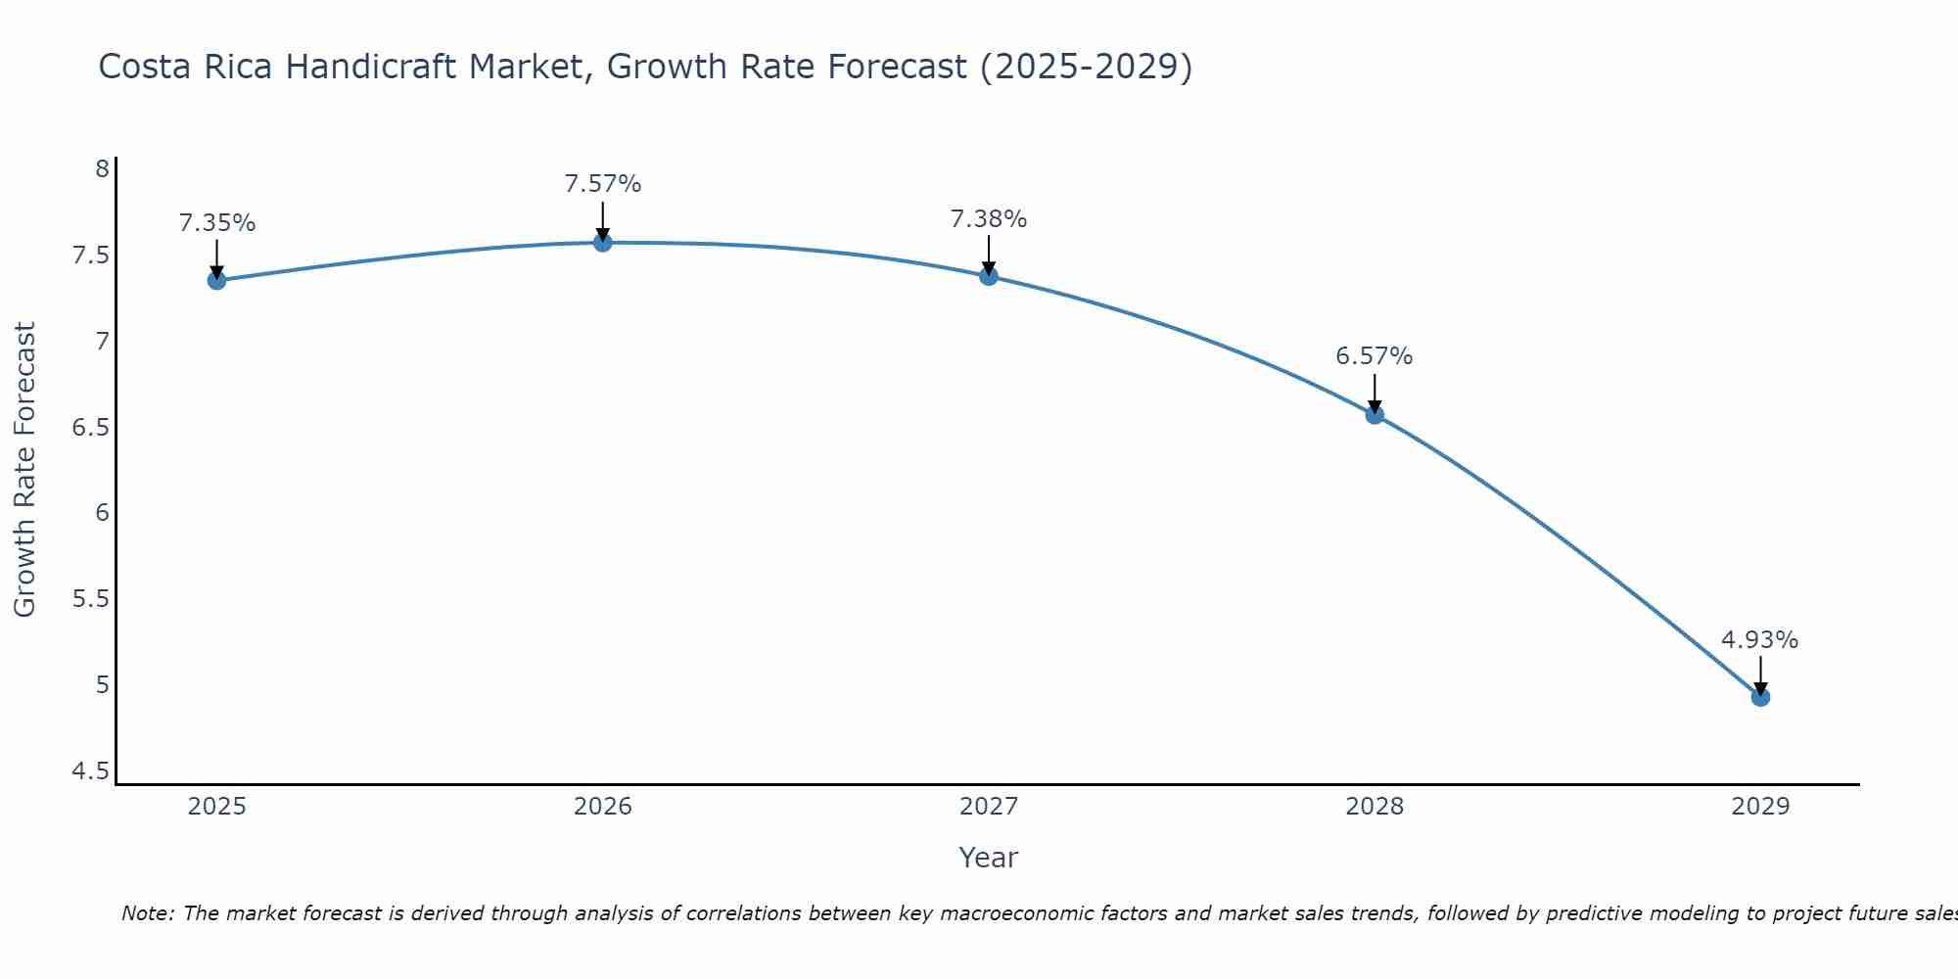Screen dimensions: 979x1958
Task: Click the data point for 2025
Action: click(216, 281)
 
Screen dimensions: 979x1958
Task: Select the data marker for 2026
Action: click(603, 242)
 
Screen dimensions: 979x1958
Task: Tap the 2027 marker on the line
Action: click(989, 276)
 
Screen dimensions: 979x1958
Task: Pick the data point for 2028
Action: click(1375, 414)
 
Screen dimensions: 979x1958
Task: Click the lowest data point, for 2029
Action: click(1760, 697)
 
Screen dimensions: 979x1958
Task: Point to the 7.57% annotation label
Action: click(603, 184)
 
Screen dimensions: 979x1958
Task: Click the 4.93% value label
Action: click(1759, 640)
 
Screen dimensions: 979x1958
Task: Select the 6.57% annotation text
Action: click(1374, 356)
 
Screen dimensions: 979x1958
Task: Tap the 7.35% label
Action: click(216, 223)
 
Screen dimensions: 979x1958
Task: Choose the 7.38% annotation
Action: click(989, 219)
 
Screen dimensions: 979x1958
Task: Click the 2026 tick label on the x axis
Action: click(603, 807)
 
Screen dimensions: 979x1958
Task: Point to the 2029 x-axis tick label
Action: click(1760, 807)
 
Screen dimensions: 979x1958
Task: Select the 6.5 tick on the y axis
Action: click(90, 428)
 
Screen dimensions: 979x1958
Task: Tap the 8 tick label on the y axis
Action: click(102, 169)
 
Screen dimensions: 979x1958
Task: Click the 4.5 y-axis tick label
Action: click(90, 772)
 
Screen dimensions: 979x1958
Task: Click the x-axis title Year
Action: click(989, 858)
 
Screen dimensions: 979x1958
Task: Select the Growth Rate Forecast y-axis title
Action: click(24, 469)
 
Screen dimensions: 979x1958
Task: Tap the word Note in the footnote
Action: click(147, 913)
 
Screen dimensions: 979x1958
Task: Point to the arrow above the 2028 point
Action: click(1375, 393)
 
